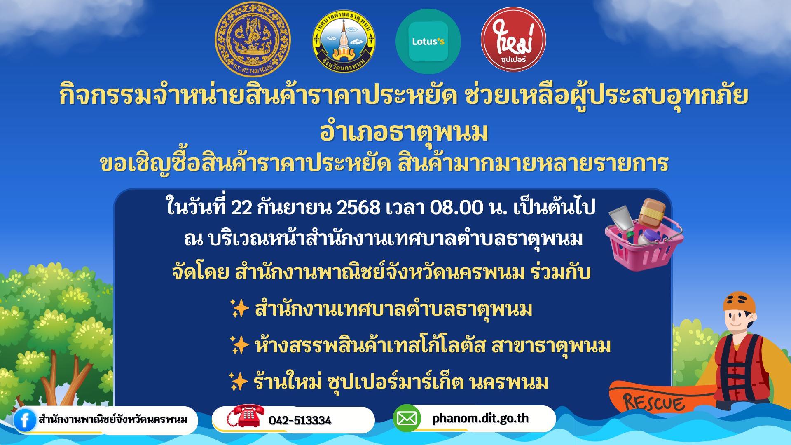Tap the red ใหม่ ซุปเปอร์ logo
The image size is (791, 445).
tap(513, 39)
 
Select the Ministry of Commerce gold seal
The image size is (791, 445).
tap(253, 40)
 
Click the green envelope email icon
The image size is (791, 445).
tap(407, 419)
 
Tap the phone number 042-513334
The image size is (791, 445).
tap(300, 420)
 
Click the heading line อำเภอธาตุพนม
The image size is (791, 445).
tap(404, 132)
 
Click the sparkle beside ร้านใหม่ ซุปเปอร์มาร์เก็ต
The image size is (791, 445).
tap(239, 382)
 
